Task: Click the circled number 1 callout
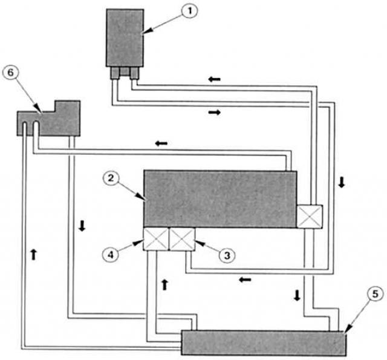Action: tap(189, 11)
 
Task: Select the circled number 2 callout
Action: tap(111, 178)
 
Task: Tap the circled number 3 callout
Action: tap(227, 255)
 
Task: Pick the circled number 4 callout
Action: tap(111, 254)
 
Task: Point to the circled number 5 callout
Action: tap(375, 294)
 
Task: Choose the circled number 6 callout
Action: tap(11, 73)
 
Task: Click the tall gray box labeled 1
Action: tap(125, 38)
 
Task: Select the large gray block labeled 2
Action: tap(220, 199)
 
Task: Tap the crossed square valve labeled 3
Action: tap(182, 239)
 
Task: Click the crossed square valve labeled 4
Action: tap(156, 239)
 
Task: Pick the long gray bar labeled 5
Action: tap(264, 343)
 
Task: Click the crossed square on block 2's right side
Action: tap(310, 217)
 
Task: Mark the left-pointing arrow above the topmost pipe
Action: tap(214, 79)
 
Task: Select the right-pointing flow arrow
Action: tap(215, 113)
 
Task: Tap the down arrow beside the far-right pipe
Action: tap(342, 182)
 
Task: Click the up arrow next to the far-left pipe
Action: tap(34, 255)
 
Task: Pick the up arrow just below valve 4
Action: tap(164, 285)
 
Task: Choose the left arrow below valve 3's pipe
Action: tap(245, 280)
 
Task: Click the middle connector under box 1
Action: tap(124, 71)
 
